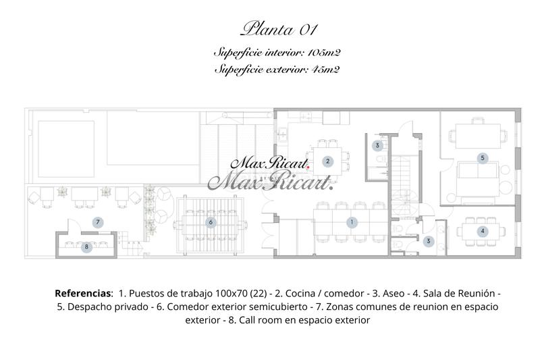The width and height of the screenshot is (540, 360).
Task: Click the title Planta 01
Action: pos(279,29)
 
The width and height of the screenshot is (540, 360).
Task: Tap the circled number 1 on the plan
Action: pos(351,222)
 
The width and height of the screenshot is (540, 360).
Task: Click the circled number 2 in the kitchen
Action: pos(327,161)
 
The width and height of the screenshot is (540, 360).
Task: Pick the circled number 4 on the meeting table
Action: pos(482,231)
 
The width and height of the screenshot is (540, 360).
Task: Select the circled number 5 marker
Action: pos(482,157)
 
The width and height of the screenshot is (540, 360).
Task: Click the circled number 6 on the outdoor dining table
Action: pos(211,222)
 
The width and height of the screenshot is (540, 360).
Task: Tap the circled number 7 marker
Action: pos(98,222)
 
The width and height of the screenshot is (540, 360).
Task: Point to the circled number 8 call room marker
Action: pos(86,247)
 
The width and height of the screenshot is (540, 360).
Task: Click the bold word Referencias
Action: pos(83,294)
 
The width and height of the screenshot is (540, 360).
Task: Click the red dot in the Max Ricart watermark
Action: pos(308,166)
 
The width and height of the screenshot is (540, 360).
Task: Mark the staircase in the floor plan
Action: pos(406,179)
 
